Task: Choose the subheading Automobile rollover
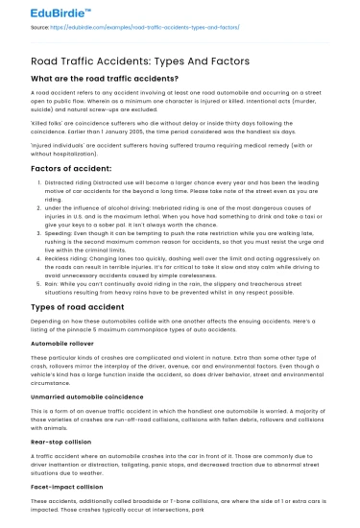tap(63, 368)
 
